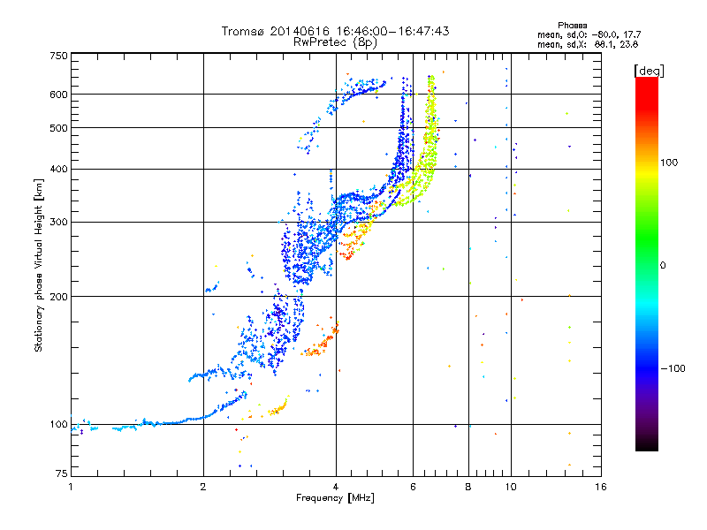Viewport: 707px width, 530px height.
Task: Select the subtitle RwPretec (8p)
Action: pyautogui.click(x=335, y=42)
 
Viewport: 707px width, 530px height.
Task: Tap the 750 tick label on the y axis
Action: pyautogui.click(x=58, y=56)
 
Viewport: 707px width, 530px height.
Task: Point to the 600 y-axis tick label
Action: pyautogui.click(x=58, y=95)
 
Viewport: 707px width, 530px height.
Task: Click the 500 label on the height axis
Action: pyautogui.click(x=58, y=128)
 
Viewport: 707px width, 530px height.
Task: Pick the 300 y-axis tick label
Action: pyautogui.click(x=58, y=223)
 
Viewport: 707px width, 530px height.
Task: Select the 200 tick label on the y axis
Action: pyautogui.click(x=58, y=297)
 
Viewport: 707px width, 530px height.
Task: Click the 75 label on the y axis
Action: pyautogui.click(x=62, y=473)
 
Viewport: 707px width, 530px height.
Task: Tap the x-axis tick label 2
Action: pyautogui.click(x=203, y=487)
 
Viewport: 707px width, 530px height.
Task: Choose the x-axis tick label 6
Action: pyautogui.click(x=413, y=487)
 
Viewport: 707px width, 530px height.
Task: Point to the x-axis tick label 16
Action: pyautogui.click(x=601, y=487)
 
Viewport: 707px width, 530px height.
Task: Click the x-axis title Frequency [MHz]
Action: pyautogui.click(x=335, y=498)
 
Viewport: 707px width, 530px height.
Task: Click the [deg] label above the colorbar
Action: pyautogui.click(x=649, y=71)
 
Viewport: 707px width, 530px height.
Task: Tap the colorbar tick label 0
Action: pyautogui.click(x=662, y=266)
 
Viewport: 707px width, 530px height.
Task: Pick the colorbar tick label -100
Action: pyautogui.click(x=673, y=368)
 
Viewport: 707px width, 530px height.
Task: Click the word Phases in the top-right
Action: pyautogui.click(x=572, y=26)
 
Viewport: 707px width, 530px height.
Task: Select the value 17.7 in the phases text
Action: pyautogui.click(x=632, y=34)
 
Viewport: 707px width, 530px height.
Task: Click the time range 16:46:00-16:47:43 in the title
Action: pyautogui.click(x=392, y=31)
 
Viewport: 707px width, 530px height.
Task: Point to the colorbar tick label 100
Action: pyautogui.click(x=669, y=163)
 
